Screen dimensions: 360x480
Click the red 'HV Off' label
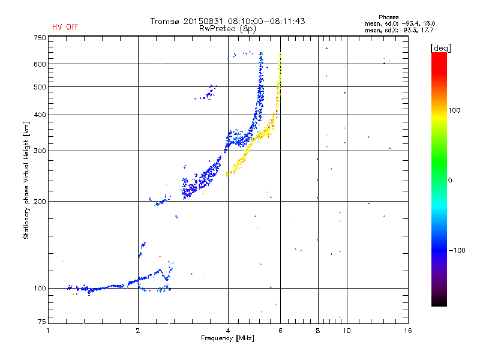(65, 27)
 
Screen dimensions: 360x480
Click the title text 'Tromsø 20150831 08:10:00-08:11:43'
(227, 21)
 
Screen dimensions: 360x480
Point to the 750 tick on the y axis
(40, 38)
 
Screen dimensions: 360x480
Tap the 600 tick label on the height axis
(40, 64)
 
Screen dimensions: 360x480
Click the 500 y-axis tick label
(40, 87)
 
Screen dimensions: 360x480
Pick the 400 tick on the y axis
(40, 115)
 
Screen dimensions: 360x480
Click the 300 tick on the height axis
(40, 151)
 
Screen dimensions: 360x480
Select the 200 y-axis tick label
(40, 201)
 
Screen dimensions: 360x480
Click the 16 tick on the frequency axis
(407, 331)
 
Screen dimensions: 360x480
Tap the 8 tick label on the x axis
(318, 331)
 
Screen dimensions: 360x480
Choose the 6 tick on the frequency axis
(281, 331)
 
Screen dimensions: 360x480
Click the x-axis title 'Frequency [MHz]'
(227, 339)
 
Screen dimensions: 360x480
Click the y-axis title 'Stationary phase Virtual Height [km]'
(26, 180)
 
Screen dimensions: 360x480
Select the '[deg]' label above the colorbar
(440, 47)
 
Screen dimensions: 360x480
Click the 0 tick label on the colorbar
(450, 180)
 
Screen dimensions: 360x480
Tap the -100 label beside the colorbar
(458, 250)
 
